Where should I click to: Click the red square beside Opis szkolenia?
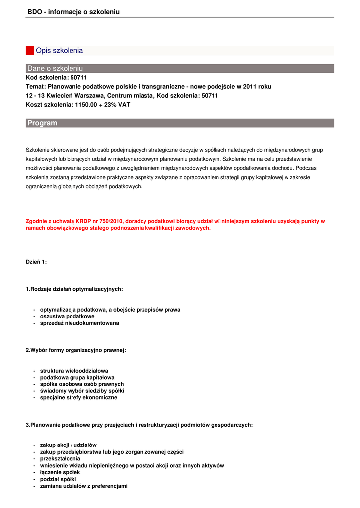30,50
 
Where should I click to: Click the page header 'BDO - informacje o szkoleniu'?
73,12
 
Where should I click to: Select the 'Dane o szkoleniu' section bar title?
55,68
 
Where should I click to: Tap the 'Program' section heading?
42,123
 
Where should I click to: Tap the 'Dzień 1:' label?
36,262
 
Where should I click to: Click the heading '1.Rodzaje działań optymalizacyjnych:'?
74,289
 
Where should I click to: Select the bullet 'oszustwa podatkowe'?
67,316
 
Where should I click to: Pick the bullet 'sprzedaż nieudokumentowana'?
79,323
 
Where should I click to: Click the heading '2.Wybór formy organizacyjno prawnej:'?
75,350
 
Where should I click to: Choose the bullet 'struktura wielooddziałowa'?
74,371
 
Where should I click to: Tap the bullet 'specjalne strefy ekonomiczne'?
78,398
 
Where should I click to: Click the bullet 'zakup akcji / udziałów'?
68,445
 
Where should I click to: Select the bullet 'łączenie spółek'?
60,472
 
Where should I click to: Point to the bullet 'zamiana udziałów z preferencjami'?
83,486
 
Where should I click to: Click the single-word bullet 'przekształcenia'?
60,459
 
